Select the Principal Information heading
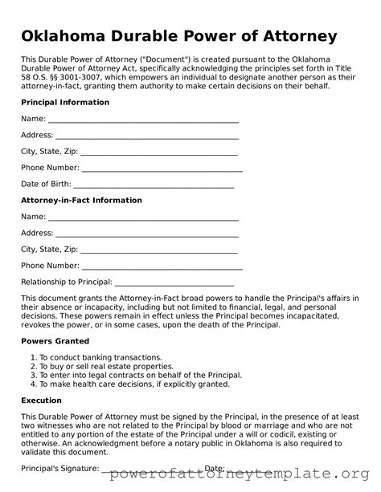65,103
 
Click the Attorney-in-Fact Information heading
81,201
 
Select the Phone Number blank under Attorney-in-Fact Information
162,266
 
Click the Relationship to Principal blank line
174,283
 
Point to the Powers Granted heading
55,341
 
